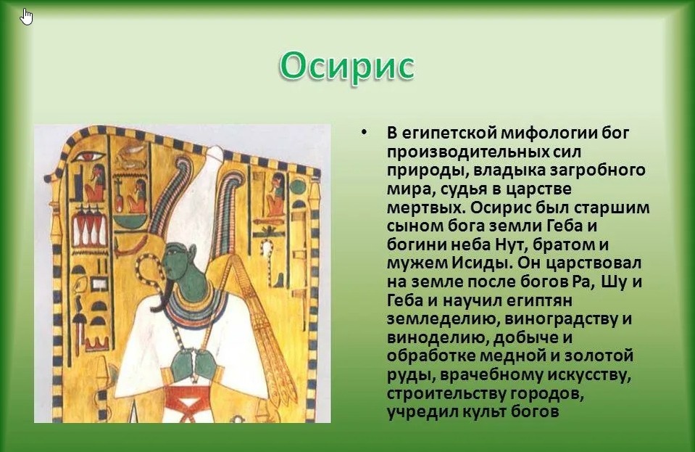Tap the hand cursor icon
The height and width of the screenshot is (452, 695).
(27, 17)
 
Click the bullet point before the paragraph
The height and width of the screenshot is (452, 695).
(364, 133)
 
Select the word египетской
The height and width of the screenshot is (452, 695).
(444, 133)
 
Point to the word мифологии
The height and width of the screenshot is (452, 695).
(546, 133)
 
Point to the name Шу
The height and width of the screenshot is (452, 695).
(614, 282)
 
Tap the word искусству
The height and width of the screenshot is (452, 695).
(589, 375)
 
